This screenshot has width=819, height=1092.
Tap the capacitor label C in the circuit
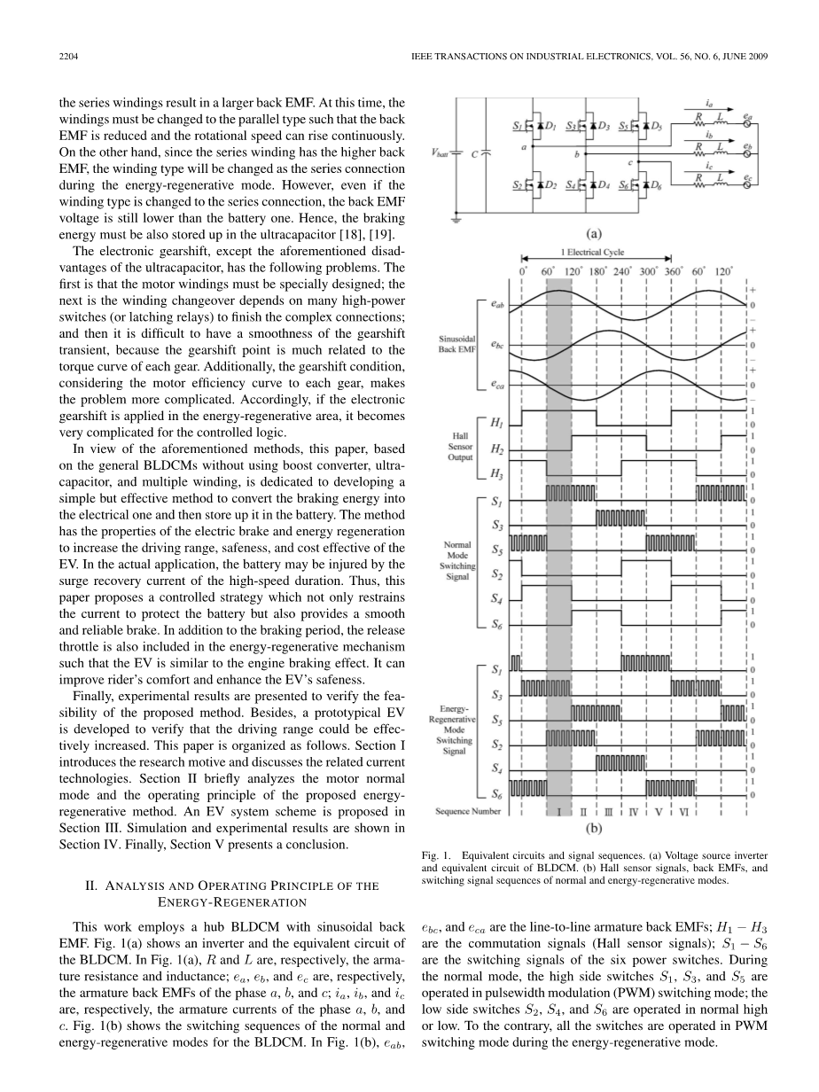475,152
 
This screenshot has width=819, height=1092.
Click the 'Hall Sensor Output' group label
461,443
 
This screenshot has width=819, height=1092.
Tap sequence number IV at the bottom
635,811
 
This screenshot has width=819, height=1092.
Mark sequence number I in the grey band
559,811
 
